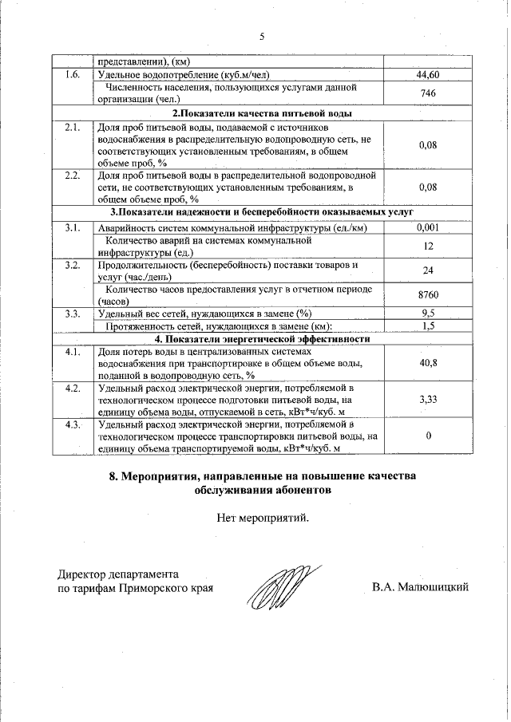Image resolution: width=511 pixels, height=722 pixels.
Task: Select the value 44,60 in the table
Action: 428,75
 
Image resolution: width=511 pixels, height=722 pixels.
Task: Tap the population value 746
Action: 428,93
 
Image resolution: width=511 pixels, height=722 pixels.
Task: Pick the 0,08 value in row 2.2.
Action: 428,187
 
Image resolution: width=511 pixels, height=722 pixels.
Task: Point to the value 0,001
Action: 428,228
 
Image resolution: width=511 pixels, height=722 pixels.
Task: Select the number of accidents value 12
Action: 428,247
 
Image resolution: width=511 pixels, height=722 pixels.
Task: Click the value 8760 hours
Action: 428,295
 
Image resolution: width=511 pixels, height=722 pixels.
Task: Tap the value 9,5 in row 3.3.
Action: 428,313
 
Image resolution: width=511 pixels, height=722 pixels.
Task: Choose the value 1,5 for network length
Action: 428,325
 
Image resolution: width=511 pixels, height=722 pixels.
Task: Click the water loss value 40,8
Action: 428,363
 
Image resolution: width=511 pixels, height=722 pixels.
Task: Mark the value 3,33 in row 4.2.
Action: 428,400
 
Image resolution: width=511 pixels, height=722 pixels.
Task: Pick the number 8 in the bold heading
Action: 113,476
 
